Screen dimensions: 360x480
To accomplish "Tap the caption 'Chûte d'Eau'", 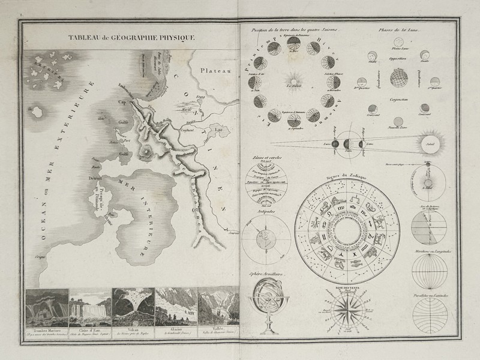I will [90, 329].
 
